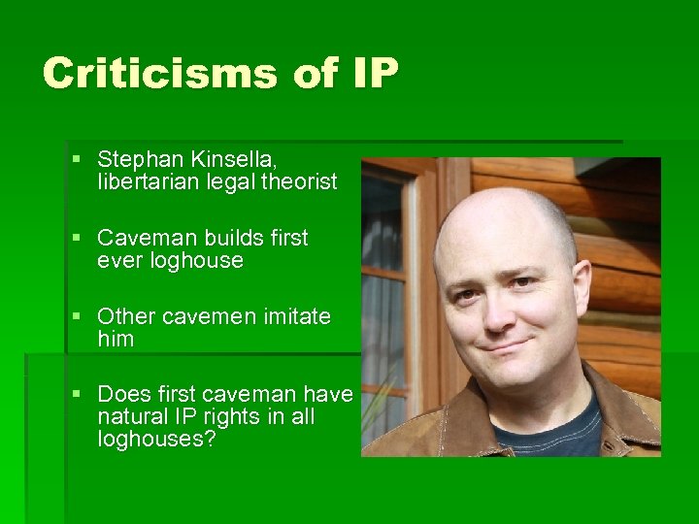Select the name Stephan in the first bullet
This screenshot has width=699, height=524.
(x=136, y=157)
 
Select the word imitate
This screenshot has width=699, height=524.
(x=292, y=316)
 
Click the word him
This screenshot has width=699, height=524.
(x=116, y=340)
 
